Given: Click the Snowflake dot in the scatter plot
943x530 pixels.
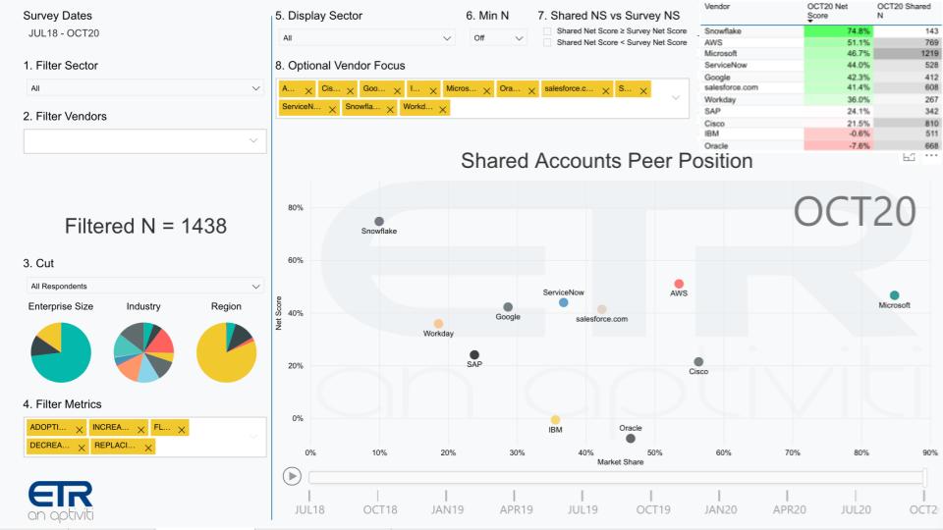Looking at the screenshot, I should click(x=379, y=222).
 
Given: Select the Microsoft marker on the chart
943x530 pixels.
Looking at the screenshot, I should click(x=894, y=295).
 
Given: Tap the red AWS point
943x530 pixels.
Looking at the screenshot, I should click(x=679, y=284).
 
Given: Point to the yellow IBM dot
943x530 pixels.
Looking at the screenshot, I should click(x=555, y=420).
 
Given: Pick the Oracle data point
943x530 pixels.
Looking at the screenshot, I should click(x=631, y=439).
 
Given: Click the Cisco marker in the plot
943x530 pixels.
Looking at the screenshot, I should click(x=698, y=362).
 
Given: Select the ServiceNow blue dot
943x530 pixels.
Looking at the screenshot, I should click(x=564, y=302).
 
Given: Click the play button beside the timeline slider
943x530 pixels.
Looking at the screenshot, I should click(x=292, y=476).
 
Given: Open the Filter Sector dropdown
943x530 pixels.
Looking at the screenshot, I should click(x=144, y=88).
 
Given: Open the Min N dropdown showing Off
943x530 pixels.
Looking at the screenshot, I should click(x=499, y=38).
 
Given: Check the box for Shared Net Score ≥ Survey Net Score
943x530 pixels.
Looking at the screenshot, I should click(x=547, y=31).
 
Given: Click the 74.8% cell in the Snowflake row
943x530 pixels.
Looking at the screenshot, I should click(x=838, y=31).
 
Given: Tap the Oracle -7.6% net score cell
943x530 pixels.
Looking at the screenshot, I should click(x=838, y=146).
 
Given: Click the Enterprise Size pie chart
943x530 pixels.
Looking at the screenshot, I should click(x=61, y=352).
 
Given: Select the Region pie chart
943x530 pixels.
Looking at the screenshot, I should click(x=226, y=352).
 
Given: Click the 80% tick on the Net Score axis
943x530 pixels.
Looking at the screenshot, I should click(x=295, y=208).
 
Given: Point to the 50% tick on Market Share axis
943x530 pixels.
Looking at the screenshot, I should click(x=654, y=452).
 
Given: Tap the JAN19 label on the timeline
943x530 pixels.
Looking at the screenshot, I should click(x=448, y=510).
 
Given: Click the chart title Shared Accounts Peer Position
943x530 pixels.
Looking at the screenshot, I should click(x=606, y=160).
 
